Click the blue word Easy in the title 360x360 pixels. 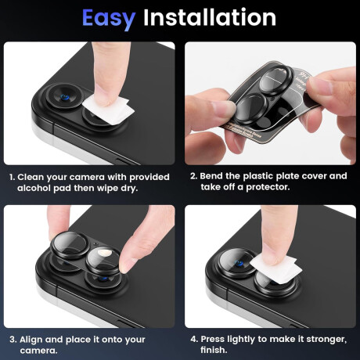pyautogui.click(x=109, y=19)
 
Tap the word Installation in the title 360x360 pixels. pyautogui.click(x=210, y=17)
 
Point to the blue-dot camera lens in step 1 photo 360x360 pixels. pyautogui.click(x=65, y=98)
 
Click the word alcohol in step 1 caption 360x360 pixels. pyautogui.click(x=34, y=188)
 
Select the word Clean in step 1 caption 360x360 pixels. pyautogui.click(x=31, y=177)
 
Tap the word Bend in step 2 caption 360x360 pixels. pyautogui.click(x=211, y=176)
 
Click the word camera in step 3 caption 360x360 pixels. pyautogui.click(x=38, y=351)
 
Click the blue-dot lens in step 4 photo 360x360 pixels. pyautogui.click(x=239, y=264)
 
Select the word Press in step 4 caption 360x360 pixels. pyautogui.click(x=213, y=339)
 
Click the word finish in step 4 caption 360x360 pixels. pyautogui.click(x=213, y=350)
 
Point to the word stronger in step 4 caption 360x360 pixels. pyautogui.click(x=326, y=340)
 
